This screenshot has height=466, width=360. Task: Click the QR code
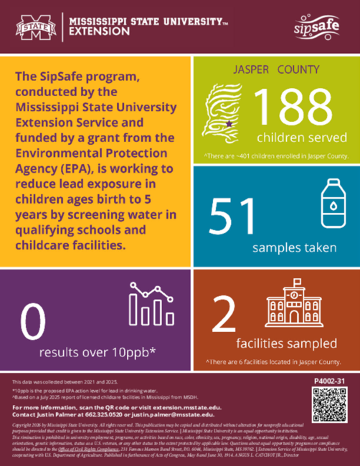[x=327, y=404]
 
